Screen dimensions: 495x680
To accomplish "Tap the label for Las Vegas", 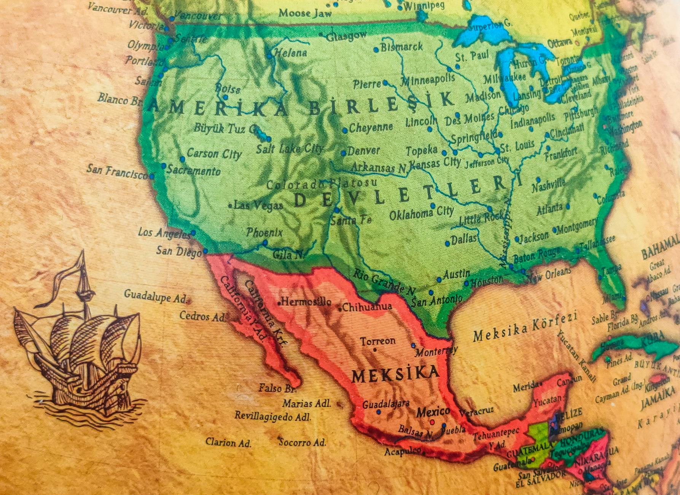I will (x=258, y=206).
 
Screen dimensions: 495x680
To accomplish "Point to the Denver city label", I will (x=363, y=151).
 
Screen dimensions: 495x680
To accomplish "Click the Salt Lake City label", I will (x=289, y=148).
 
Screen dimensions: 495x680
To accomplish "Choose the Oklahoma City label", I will (x=421, y=214).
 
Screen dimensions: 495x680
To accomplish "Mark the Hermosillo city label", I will (x=306, y=302).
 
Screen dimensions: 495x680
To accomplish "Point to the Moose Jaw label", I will (x=305, y=13).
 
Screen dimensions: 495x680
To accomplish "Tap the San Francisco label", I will (x=117, y=172).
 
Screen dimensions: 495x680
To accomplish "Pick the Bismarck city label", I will (x=401, y=47).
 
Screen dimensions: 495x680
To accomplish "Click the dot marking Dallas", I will (x=447, y=243).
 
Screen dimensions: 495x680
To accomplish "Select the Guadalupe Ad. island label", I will (x=155, y=296).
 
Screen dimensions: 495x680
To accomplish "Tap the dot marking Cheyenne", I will (x=345, y=131).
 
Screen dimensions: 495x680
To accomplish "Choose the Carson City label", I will (x=214, y=153).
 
